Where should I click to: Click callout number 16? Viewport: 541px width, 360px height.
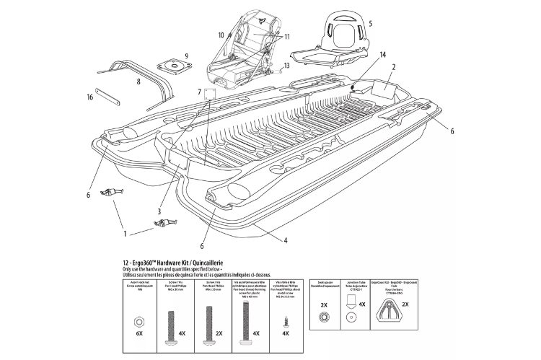pyautogui.click(x=90, y=97)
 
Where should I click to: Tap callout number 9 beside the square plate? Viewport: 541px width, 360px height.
pyautogui.click(x=187, y=56)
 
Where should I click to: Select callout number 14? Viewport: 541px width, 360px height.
pyautogui.click(x=383, y=55)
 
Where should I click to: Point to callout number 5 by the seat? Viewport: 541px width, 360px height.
pyautogui.click(x=370, y=22)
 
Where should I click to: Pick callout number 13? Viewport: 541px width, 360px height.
pyautogui.click(x=286, y=65)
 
